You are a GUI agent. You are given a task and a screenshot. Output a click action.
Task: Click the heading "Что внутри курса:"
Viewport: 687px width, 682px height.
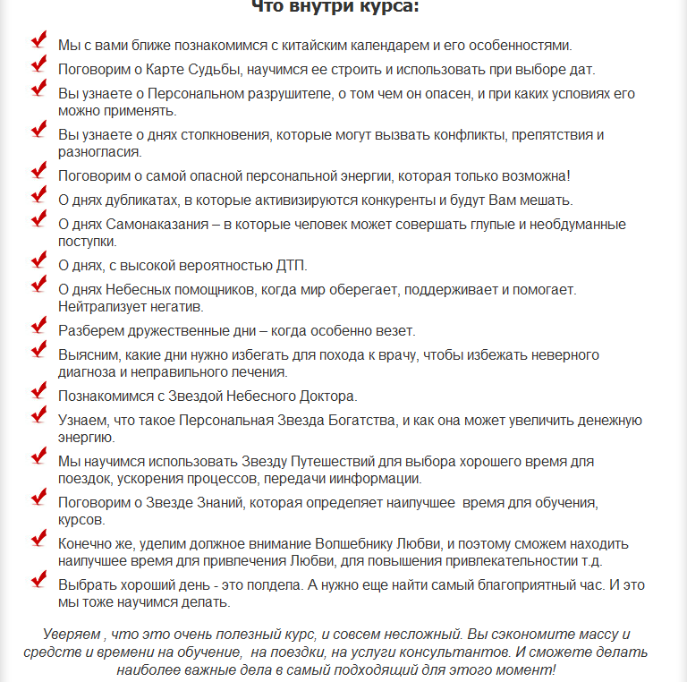(x=335, y=8)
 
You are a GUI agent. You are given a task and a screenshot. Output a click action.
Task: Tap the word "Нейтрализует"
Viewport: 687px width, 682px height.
(x=98, y=306)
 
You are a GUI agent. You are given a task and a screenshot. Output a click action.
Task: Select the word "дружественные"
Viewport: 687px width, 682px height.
(x=176, y=330)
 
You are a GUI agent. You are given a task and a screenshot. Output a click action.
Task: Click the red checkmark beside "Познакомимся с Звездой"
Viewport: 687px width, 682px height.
(x=38, y=390)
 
